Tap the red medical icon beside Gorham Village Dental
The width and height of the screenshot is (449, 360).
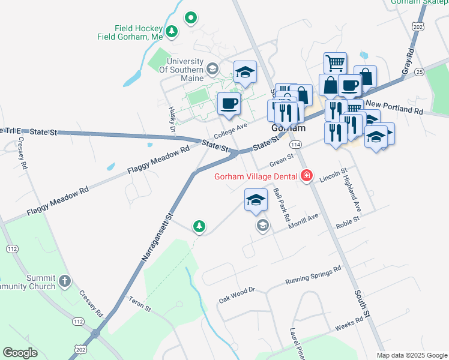(x=307, y=176)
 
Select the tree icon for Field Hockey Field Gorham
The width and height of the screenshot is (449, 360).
(x=172, y=31)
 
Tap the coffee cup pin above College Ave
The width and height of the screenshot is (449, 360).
(x=229, y=103)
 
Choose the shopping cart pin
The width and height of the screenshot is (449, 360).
(x=335, y=62)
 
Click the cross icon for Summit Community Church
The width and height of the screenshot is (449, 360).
(x=65, y=281)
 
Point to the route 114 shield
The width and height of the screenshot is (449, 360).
(x=295, y=145)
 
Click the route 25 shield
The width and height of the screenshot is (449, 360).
(x=419, y=72)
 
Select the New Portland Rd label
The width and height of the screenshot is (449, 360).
(x=394, y=107)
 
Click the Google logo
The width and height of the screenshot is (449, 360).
(x=20, y=353)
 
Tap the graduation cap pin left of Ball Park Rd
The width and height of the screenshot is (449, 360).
(x=256, y=200)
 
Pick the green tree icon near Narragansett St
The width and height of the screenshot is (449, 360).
(x=199, y=226)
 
